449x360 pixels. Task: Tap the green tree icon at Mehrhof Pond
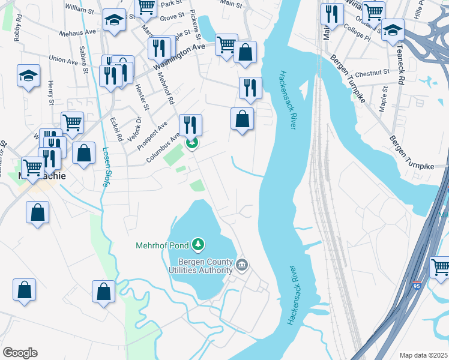[x=198, y=245]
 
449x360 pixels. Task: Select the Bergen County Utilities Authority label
[x=200, y=266]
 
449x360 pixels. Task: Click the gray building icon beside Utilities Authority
[x=241, y=265]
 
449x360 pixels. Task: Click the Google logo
[x=20, y=353]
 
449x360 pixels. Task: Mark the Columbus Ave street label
[x=163, y=149]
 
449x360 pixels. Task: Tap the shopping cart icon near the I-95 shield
[x=441, y=267]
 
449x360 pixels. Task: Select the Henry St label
[x=51, y=91]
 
